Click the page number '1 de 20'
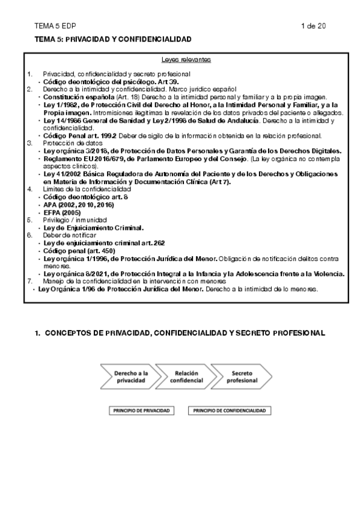point(313,26)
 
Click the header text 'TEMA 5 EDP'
point(52,26)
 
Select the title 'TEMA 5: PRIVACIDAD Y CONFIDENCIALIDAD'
point(114,38)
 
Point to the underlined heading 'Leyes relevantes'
point(186,60)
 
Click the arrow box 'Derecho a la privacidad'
point(131,377)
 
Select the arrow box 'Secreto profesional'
point(237,377)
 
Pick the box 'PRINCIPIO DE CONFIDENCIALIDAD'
point(229,411)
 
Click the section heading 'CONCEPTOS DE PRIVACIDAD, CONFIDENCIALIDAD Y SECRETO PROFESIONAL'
point(185,333)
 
